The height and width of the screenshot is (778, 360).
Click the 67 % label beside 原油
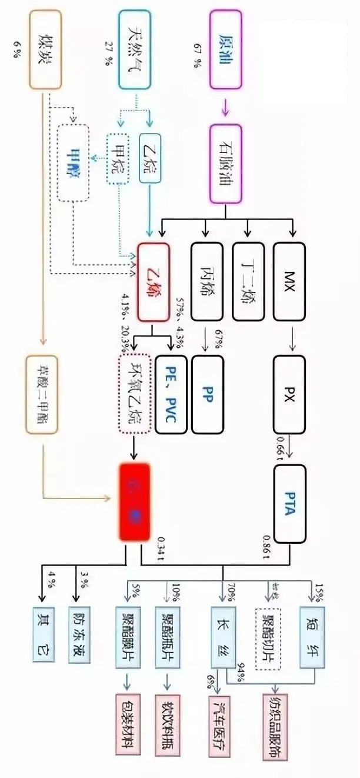(194, 55)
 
